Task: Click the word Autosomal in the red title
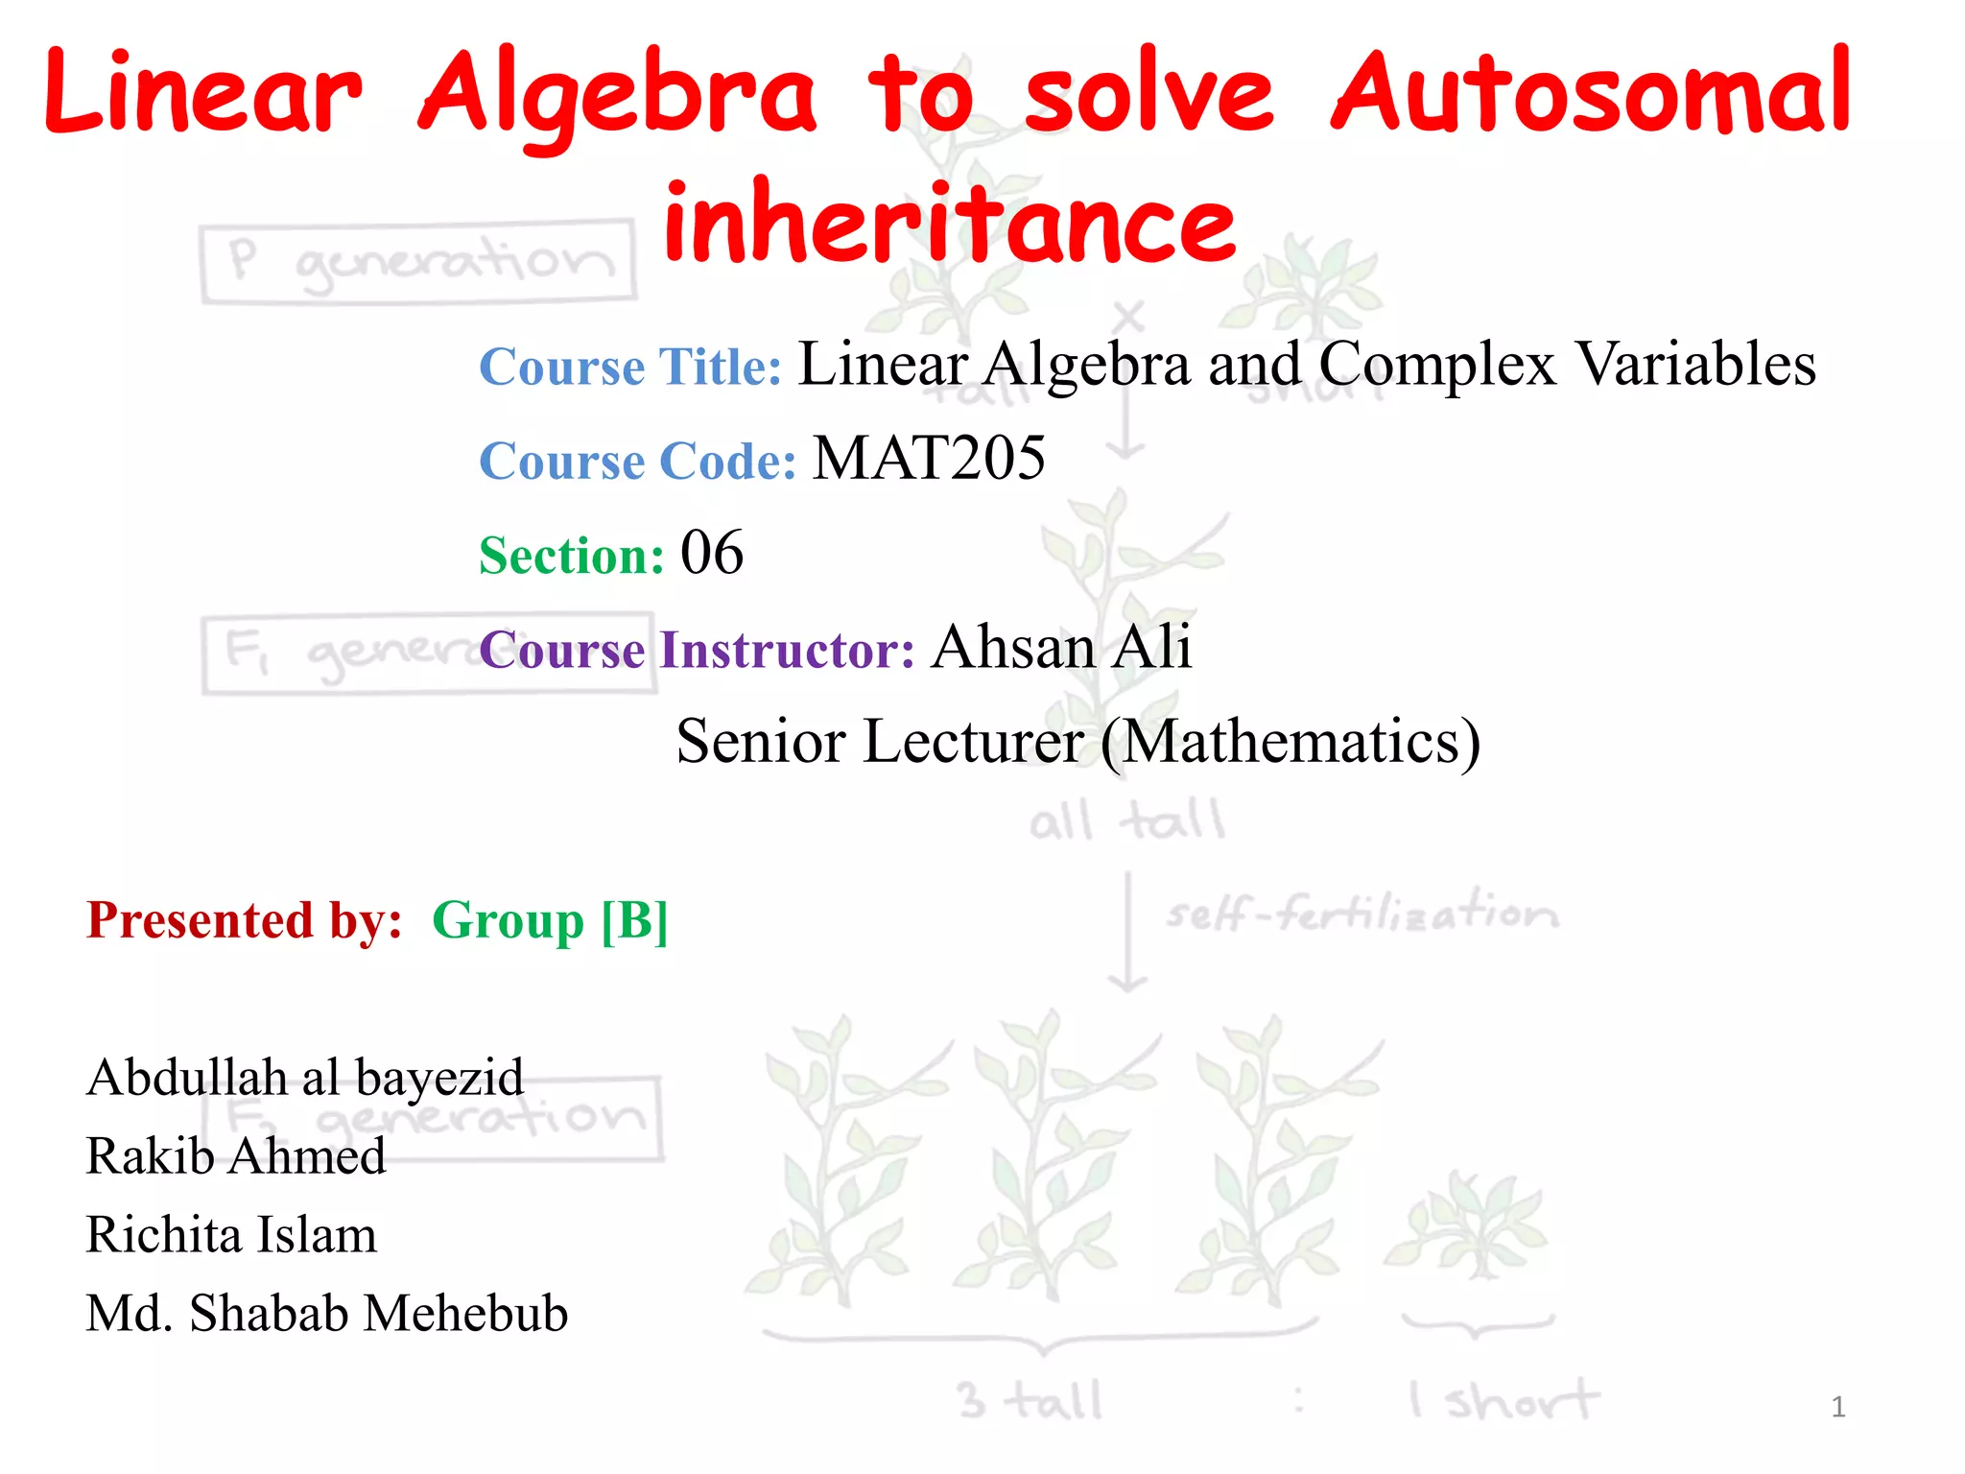(x=1591, y=93)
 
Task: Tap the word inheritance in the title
(x=949, y=224)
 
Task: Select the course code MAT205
(x=929, y=459)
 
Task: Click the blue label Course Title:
(x=630, y=367)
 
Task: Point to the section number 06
(x=711, y=554)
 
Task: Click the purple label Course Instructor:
(x=698, y=650)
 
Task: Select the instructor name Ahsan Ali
(x=1061, y=647)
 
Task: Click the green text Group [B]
(x=550, y=920)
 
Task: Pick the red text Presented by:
(x=245, y=920)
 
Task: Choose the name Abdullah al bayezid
(x=305, y=1078)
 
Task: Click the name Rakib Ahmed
(x=236, y=1156)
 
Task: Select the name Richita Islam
(x=231, y=1235)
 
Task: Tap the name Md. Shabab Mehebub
(x=326, y=1314)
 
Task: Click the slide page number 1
(x=1837, y=1407)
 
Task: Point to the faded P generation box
(x=418, y=262)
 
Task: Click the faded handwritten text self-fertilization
(x=1361, y=912)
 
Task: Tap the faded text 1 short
(x=1503, y=1401)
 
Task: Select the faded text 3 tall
(x=1030, y=1401)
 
